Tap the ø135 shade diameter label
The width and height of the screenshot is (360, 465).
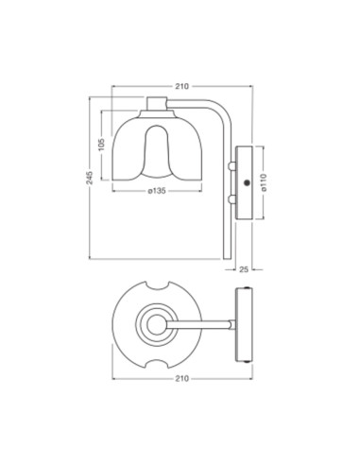[x=157, y=192]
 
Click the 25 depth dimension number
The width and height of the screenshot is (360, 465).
[x=244, y=268]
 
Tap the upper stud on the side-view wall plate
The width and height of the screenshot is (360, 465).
[x=231, y=164]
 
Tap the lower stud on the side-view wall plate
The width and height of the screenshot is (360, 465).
[x=231, y=200]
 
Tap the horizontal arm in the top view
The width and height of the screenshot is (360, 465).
[x=203, y=324]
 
